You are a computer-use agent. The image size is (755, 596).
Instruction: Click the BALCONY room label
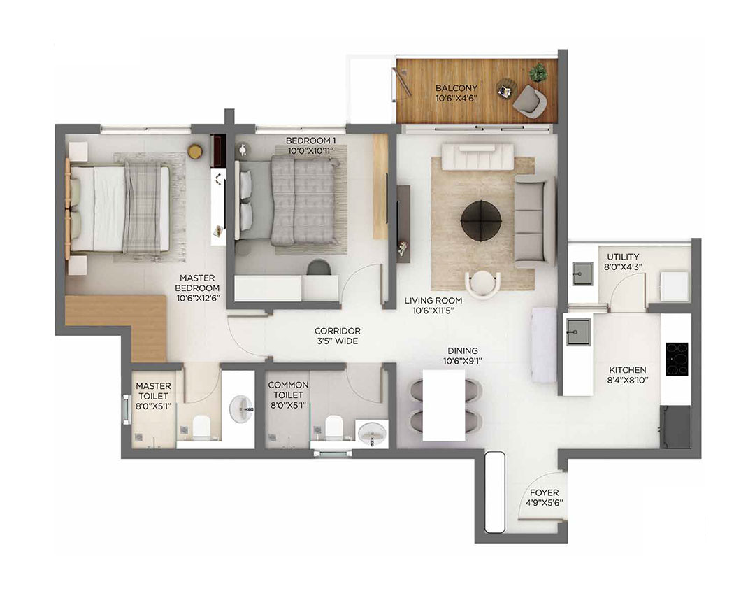click(x=456, y=88)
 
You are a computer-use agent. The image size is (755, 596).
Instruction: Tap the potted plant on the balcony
click(x=538, y=71)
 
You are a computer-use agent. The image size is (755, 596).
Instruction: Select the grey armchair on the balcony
click(x=529, y=101)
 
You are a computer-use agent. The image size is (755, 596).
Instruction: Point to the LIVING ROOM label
click(x=433, y=301)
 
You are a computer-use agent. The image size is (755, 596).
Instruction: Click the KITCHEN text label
click(x=627, y=370)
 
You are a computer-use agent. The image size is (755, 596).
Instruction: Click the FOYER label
click(x=544, y=493)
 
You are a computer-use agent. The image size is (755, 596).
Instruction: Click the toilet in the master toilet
click(x=201, y=425)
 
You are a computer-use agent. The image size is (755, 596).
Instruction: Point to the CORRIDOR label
click(x=337, y=331)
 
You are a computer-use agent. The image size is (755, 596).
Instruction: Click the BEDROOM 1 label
click(x=311, y=141)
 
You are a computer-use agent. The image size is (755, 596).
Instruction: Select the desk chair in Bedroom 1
click(x=319, y=267)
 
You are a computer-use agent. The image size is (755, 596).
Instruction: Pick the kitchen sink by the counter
click(x=577, y=327)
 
